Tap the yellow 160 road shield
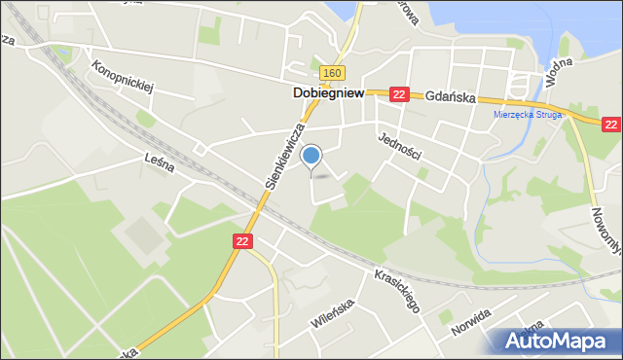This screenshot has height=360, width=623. pyautogui.click(x=332, y=73)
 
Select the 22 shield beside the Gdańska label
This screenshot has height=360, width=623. pyautogui.click(x=398, y=94)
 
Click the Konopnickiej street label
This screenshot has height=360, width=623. pyautogui.click(x=123, y=79)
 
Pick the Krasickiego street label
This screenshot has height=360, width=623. pyautogui.click(x=397, y=291)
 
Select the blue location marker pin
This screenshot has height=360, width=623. pyautogui.click(x=311, y=156)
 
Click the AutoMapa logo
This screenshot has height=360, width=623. pyautogui.click(x=556, y=341)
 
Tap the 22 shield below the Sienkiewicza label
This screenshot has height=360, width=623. pyautogui.click(x=243, y=240)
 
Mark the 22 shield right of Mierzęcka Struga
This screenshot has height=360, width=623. pyautogui.click(x=611, y=125)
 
